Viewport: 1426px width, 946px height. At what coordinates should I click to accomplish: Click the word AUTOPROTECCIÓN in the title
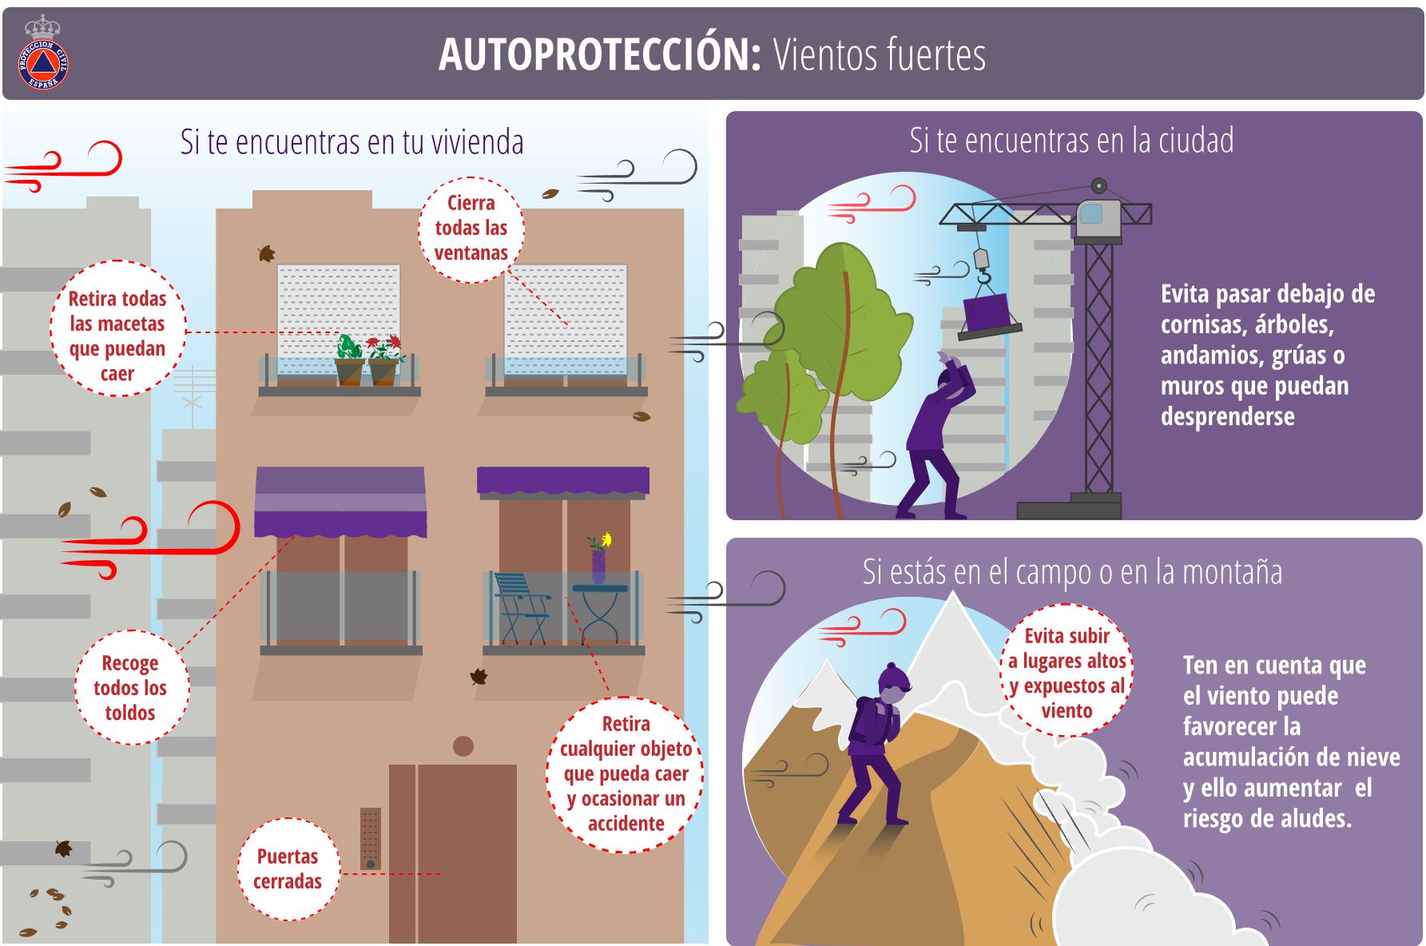pos(599,54)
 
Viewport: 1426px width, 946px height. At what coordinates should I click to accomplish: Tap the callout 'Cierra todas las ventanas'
pos(471,229)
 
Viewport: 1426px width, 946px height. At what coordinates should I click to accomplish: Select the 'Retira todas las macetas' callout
pos(117,336)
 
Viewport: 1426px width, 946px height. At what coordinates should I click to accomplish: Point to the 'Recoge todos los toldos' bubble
pos(130,687)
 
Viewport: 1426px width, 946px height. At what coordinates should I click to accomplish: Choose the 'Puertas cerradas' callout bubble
pos(288,868)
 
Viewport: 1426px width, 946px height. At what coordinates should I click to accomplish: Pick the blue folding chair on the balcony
pos(521,607)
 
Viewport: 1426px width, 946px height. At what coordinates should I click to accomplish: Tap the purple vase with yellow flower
pos(599,558)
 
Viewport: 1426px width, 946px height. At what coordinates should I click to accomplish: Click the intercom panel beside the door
pos(370,838)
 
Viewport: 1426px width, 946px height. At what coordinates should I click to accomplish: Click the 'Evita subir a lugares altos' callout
pos(1067,673)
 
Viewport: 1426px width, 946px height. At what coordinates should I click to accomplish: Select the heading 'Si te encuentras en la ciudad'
pos(1071,141)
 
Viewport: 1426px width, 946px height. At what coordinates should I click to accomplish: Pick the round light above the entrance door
pos(463,746)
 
